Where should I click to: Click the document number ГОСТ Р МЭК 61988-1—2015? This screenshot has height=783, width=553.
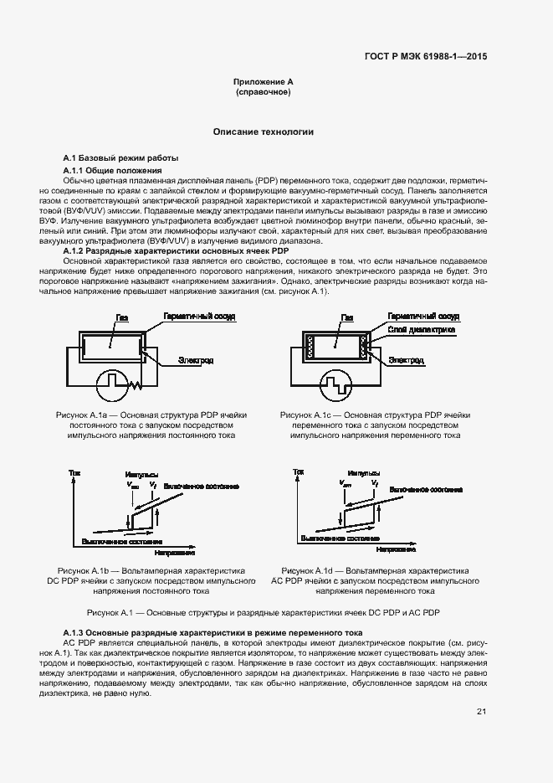[426, 56]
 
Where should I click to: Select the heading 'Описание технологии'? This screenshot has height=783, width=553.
[263, 132]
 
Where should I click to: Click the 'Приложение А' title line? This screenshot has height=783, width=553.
[263, 82]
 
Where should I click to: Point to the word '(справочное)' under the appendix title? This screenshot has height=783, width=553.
[263, 92]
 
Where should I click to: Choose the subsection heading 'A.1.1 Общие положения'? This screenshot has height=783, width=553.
[113, 171]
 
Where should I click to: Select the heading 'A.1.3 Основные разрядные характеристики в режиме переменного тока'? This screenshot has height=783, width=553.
[212, 631]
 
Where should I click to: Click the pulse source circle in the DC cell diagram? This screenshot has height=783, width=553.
[113, 386]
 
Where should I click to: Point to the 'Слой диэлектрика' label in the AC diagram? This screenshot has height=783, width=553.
[422, 330]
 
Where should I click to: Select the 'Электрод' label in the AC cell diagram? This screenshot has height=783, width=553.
[406, 360]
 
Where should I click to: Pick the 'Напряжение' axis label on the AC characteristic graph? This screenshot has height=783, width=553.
[397, 549]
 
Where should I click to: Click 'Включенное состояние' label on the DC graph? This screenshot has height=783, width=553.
[202, 486]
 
